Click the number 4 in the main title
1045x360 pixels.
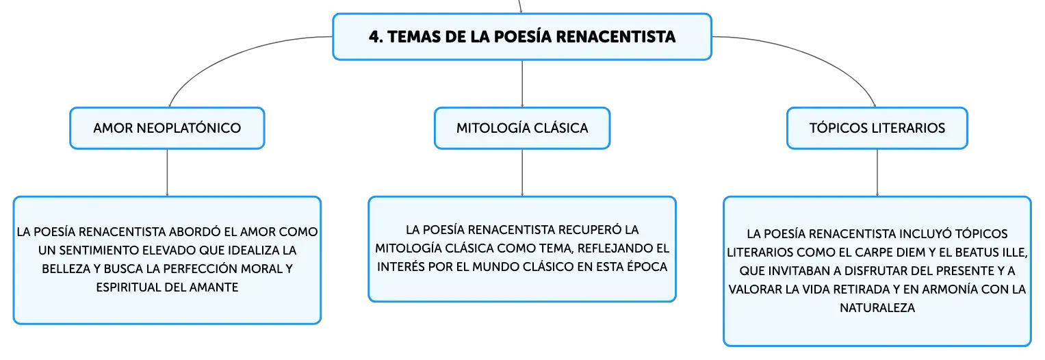pyautogui.click(x=374, y=37)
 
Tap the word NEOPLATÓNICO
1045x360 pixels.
pyautogui.click(x=188, y=128)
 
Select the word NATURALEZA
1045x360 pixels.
pyautogui.click(x=877, y=308)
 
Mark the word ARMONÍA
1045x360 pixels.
pyautogui.click(x=952, y=289)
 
